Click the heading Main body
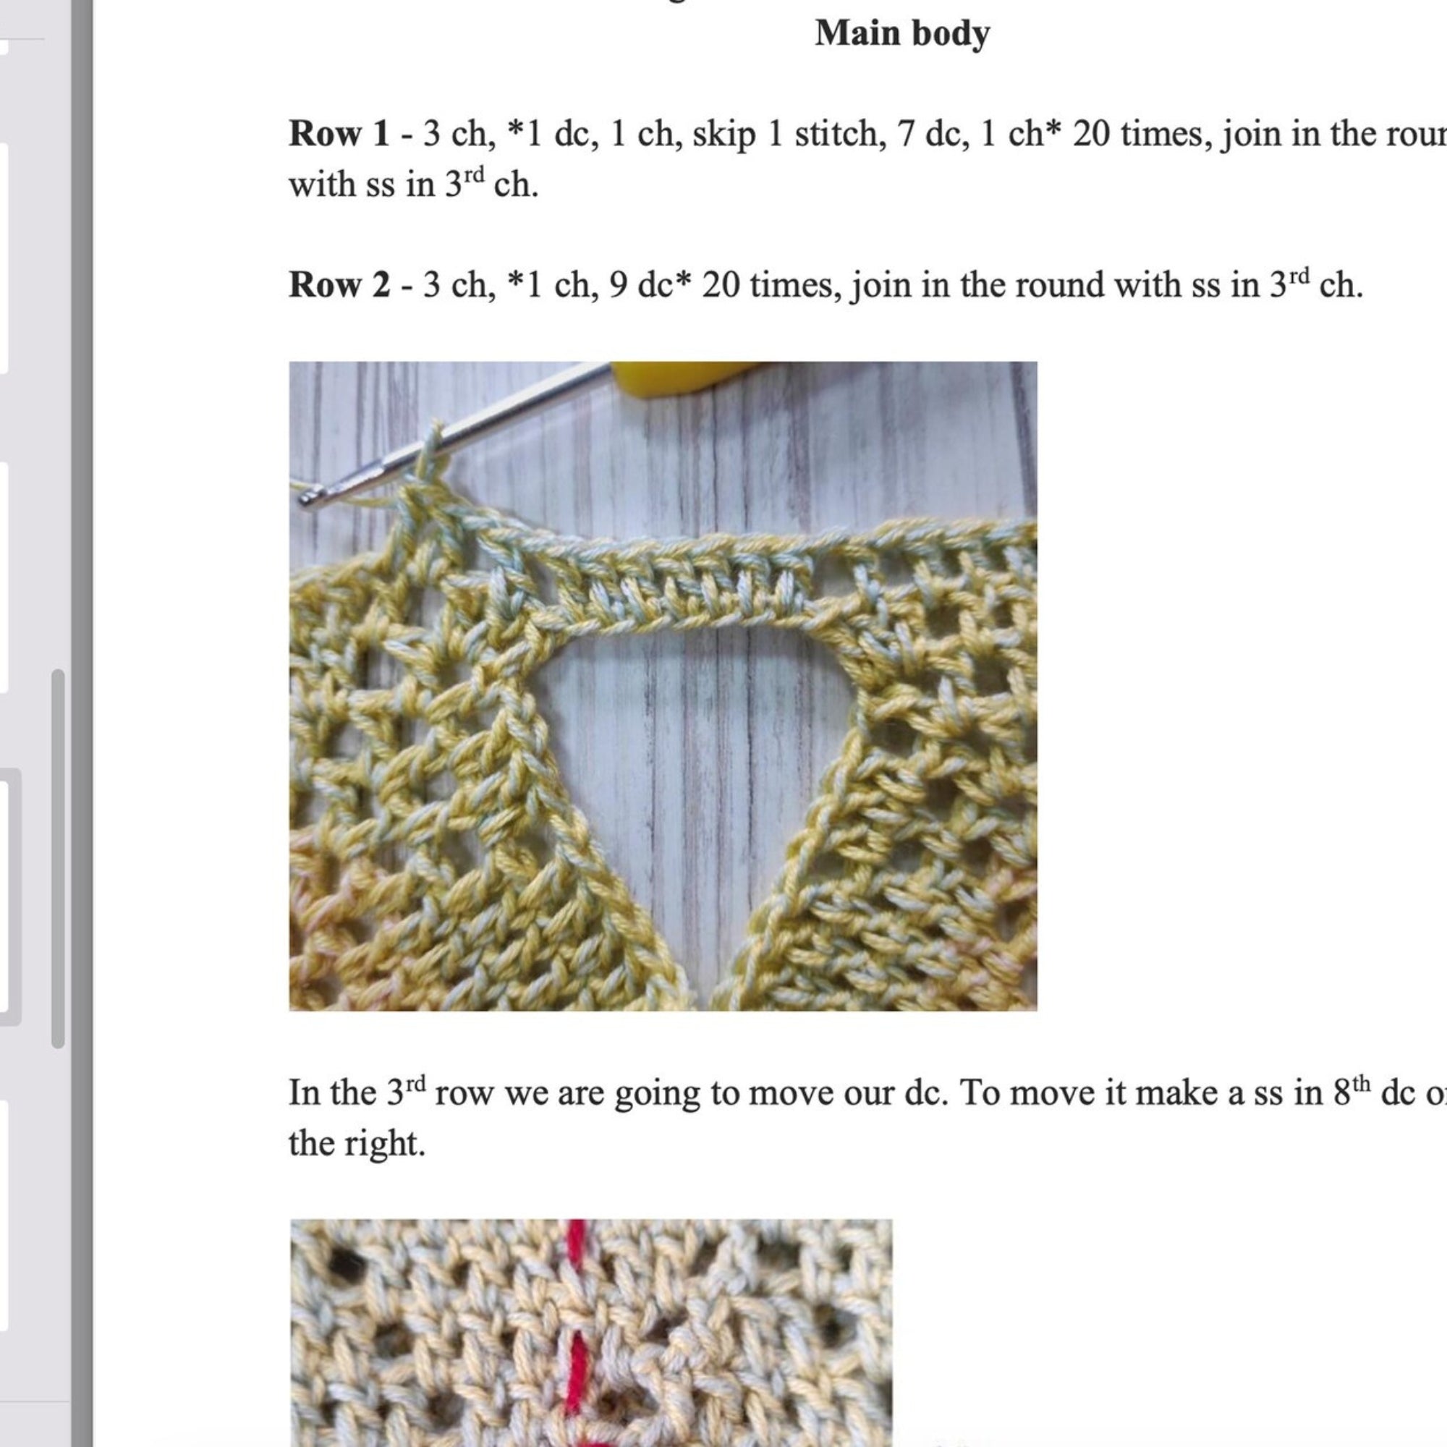pos(901,34)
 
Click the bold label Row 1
pos(339,134)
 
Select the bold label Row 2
pos(339,285)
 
